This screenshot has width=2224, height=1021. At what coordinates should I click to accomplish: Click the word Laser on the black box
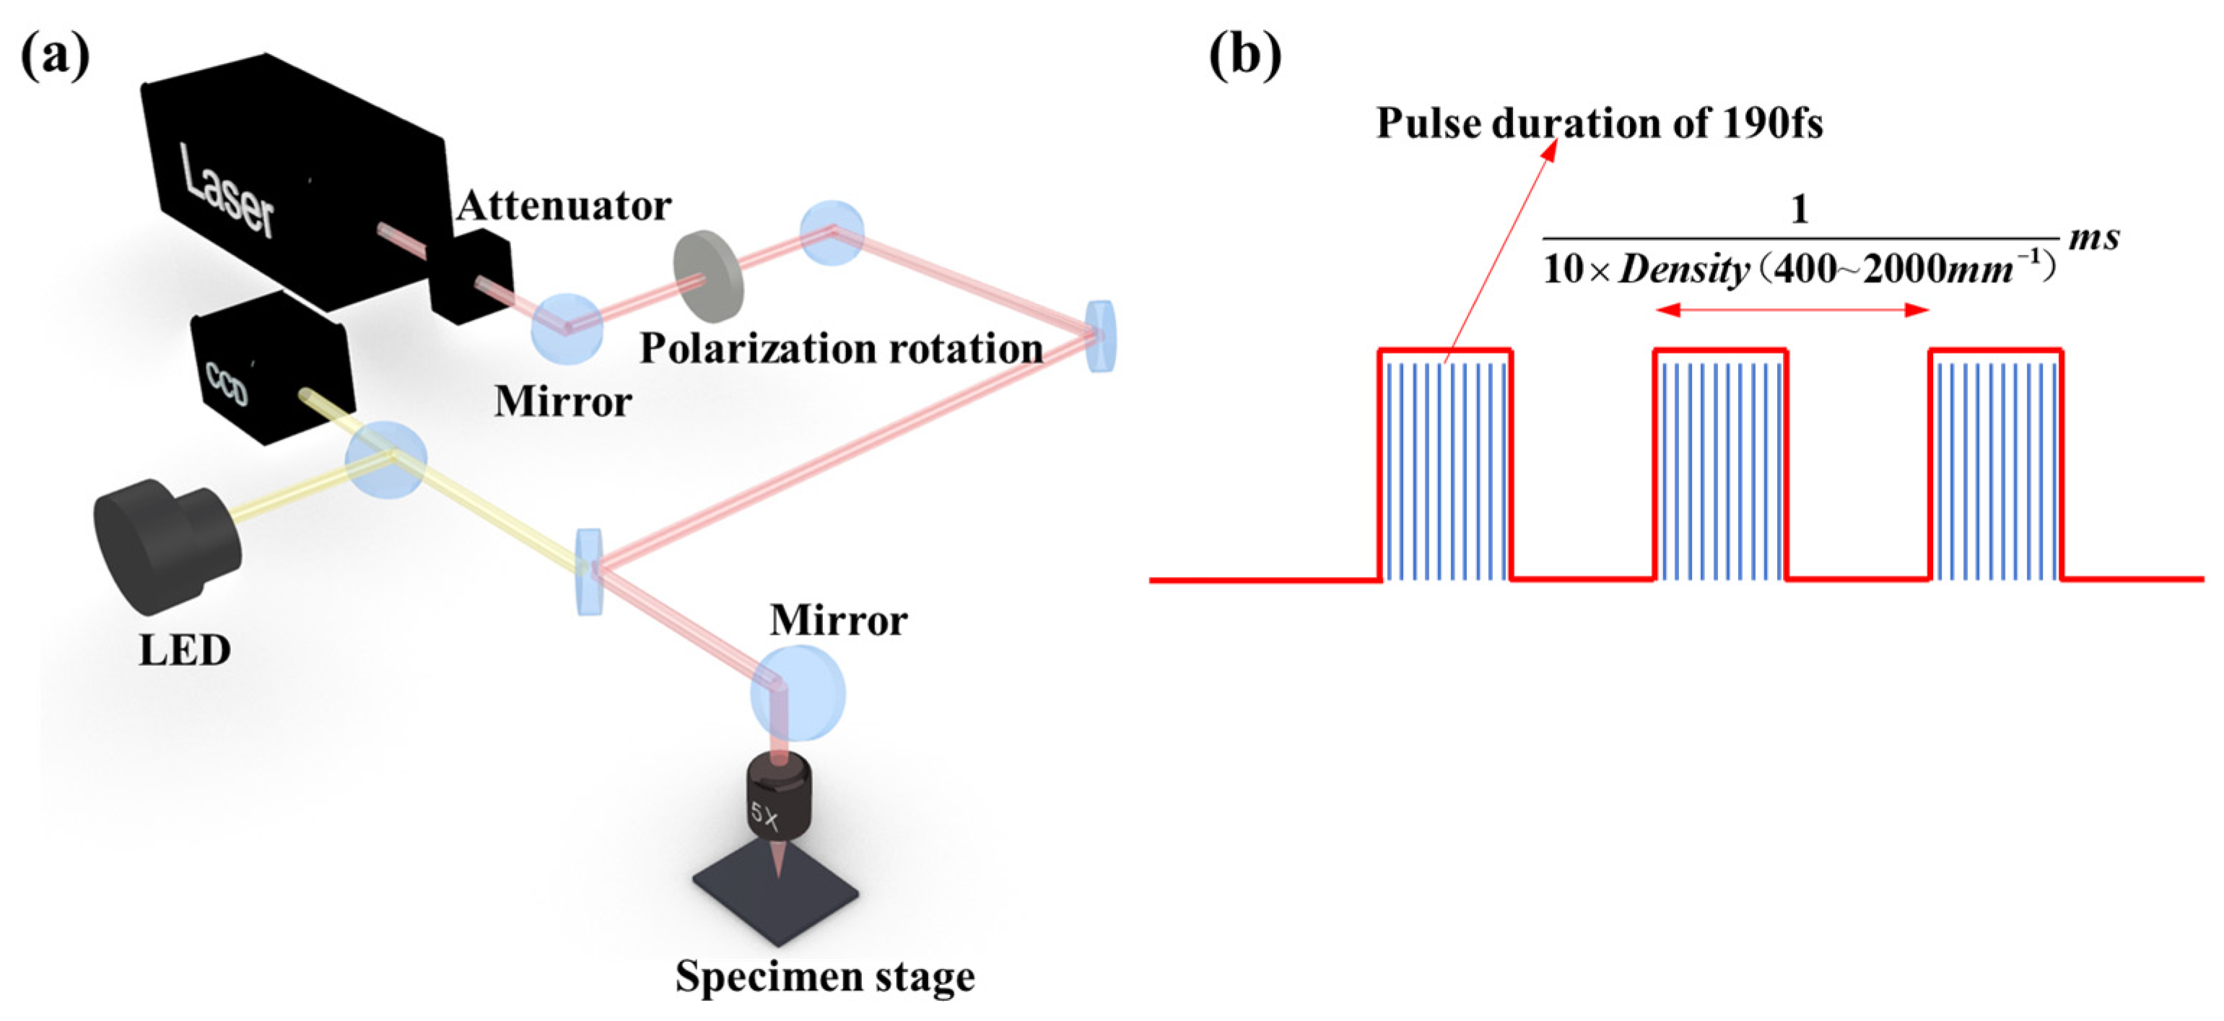228,191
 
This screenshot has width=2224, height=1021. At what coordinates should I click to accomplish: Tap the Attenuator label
564,207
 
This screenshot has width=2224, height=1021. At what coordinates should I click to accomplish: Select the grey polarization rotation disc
707,274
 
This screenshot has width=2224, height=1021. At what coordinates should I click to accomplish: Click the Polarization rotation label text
841,349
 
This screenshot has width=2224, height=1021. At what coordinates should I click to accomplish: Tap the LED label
185,651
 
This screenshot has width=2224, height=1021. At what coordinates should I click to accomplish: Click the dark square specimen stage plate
775,898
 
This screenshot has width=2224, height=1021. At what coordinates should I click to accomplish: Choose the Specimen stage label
824,977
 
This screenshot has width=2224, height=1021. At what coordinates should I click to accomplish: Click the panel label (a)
54,56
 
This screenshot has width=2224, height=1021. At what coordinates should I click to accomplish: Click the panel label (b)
1244,56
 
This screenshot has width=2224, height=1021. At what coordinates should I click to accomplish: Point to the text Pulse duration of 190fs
1599,123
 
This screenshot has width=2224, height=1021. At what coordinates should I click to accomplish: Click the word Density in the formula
1683,270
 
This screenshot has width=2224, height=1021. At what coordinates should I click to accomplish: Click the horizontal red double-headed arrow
1792,310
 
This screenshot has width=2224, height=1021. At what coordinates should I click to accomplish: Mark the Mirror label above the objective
838,620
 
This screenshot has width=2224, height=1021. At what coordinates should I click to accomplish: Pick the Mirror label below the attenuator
563,401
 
